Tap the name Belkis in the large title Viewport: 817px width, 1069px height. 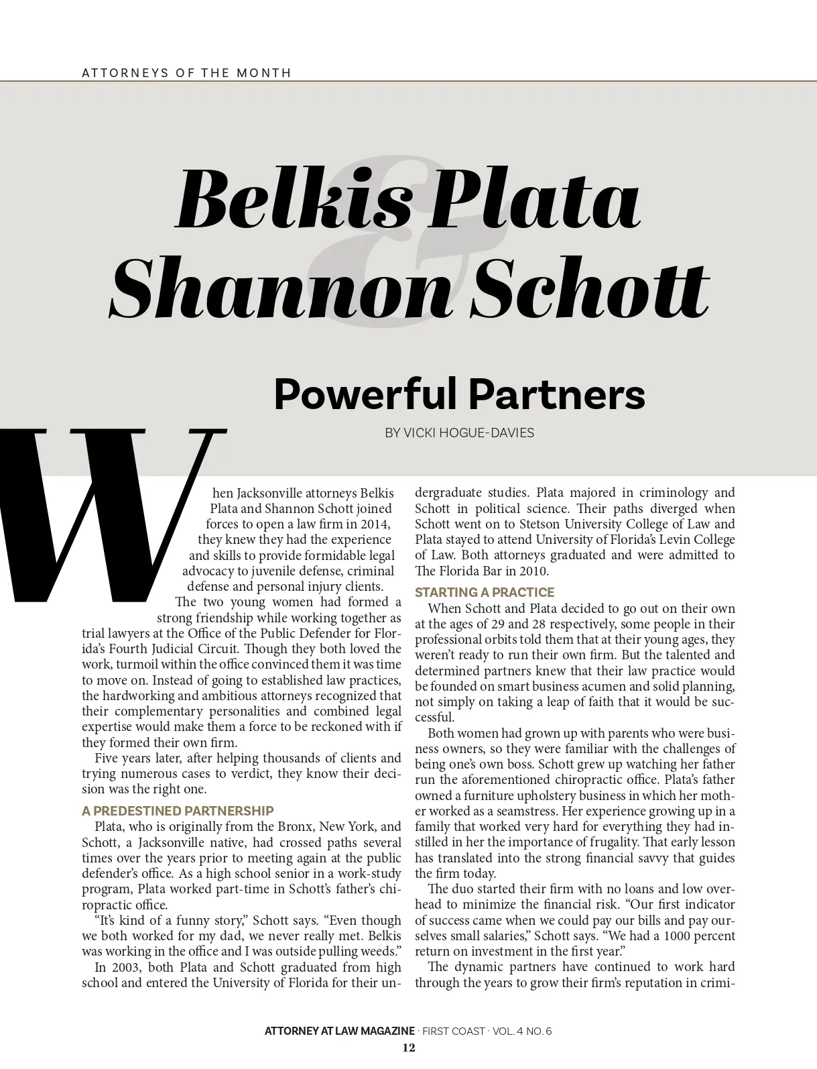pos(292,199)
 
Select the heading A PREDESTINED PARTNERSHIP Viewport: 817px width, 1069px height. pos(178,811)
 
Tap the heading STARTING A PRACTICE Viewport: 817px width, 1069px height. pos(485,592)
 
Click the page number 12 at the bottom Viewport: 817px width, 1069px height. pos(408,1048)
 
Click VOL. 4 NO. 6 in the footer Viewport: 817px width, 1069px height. pos(522,1031)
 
